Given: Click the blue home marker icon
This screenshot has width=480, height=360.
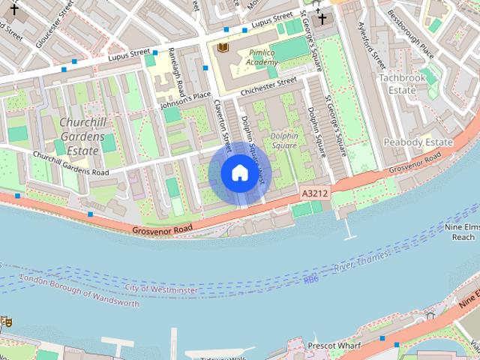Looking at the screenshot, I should click(239, 173).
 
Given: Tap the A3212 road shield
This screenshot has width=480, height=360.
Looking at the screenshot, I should click(315, 193).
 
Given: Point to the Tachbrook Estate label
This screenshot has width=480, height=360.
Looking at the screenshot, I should click(407, 84).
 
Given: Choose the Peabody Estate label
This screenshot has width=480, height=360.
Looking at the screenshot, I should click(418, 142).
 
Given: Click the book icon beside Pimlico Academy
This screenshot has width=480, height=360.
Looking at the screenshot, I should click(222, 48).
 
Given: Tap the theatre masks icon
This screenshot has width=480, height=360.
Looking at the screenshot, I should click(5, 321).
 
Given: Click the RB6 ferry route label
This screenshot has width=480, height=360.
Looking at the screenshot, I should click(310, 280).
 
